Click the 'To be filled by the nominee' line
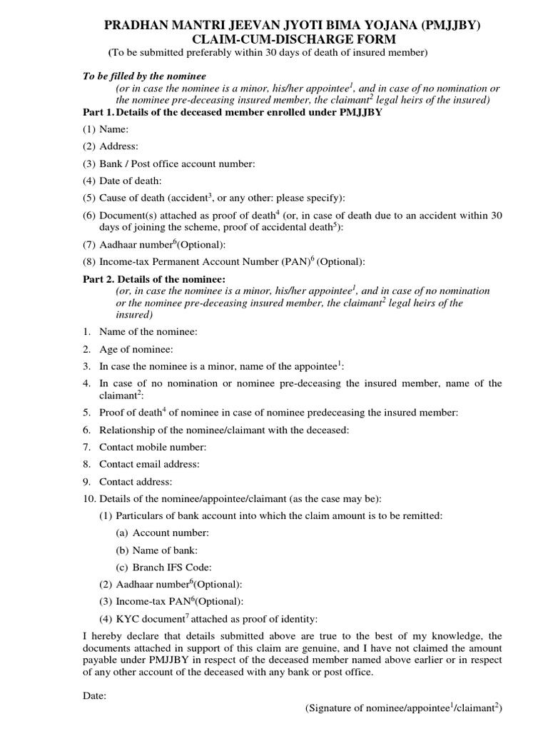144,76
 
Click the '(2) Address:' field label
111,146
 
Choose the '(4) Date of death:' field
122,181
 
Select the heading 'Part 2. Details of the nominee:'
154,278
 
